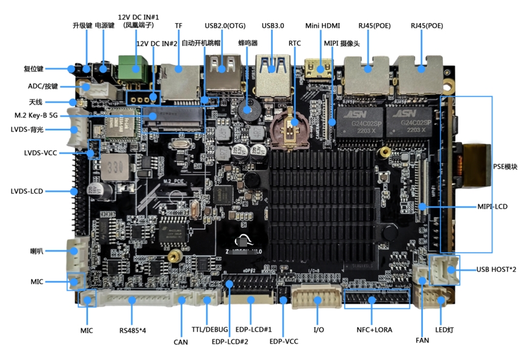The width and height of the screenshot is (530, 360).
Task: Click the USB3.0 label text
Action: (x=273, y=26)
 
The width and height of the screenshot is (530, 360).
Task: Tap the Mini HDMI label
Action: (x=322, y=26)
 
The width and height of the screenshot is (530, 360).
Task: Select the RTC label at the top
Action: (x=294, y=44)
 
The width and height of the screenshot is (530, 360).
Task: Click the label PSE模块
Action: (x=505, y=166)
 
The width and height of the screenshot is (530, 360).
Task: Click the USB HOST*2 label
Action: (x=496, y=269)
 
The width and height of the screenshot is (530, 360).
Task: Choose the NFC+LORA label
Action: (x=374, y=330)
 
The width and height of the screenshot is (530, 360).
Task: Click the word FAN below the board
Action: (x=422, y=340)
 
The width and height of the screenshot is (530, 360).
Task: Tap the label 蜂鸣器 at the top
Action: (x=248, y=44)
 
